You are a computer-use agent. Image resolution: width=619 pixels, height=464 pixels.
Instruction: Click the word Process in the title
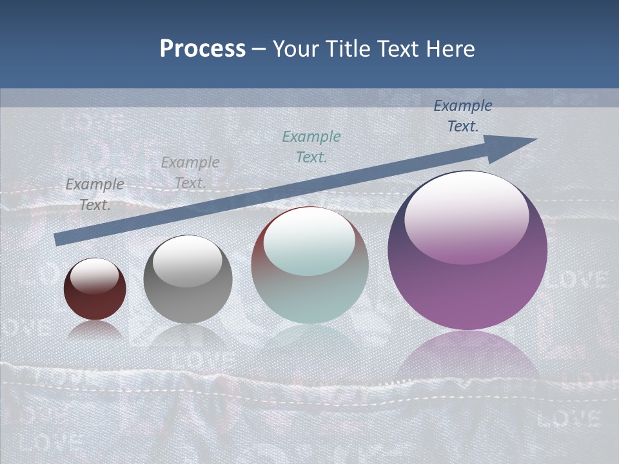click(x=202, y=49)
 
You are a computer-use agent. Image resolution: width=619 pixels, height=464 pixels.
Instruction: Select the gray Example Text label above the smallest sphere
click(x=95, y=194)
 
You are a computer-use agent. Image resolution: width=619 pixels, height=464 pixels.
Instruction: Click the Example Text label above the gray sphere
click(x=190, y=172)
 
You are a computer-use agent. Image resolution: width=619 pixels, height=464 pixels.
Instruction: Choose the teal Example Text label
click(x=311, y=146)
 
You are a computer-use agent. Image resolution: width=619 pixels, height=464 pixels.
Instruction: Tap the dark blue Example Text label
click(x=463, y=116)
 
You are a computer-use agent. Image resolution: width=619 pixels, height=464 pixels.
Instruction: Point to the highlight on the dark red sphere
click(x=95, y=276)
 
